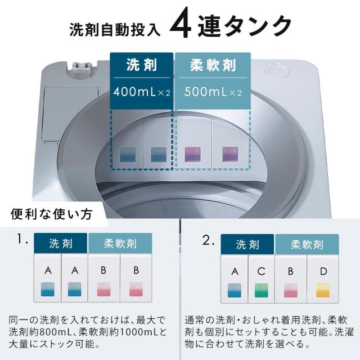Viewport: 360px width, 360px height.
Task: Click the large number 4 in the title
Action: point(183,25)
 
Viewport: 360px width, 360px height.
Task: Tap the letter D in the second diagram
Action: point(322,272)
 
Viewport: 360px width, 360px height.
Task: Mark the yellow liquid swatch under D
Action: point(322,290)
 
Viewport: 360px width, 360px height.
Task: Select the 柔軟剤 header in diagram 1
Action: point(120,244)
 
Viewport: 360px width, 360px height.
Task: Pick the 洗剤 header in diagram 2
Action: point(247,245)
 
